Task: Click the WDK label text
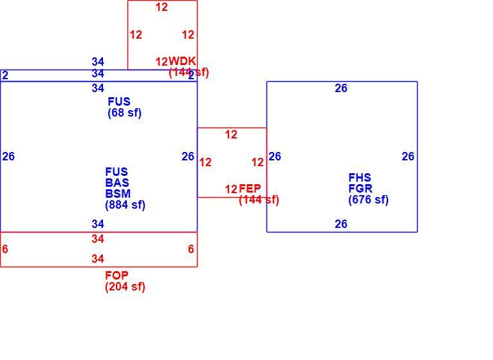click(182, 61)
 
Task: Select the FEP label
click(250, 189)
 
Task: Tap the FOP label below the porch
click(116, 276)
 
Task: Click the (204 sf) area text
click(125, 287)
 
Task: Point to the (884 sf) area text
click(125, 205)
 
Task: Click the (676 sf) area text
click(369, 200)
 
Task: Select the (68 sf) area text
click(124, 113)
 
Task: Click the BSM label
click(118, 194)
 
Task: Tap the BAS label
click(117, 182)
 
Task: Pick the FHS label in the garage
click(360, 178)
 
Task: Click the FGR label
click(360, 189)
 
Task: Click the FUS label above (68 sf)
click(119, 102)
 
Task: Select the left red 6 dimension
click(5, 249)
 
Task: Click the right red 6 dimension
click(191, 249)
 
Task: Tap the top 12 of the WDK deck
click(162, 7)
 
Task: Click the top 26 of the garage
click(341, 88)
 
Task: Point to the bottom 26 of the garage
click(341, 224)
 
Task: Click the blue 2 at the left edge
click(5, 75)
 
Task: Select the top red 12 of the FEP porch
click(231, 135)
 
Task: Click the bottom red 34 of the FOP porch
click(98, 259)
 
